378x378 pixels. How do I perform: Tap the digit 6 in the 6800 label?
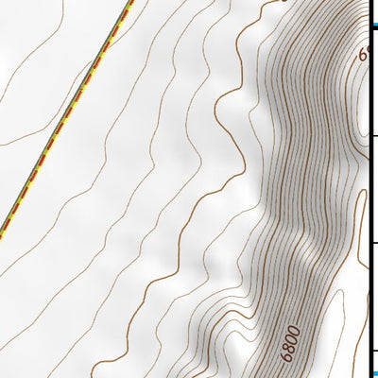tap(283, 357)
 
